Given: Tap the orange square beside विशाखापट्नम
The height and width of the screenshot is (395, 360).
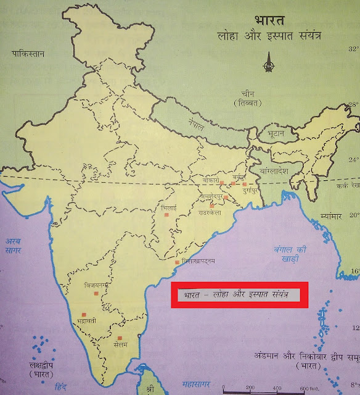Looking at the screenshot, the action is coord(177,263).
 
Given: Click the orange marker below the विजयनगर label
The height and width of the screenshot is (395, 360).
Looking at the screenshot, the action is coord(94,294).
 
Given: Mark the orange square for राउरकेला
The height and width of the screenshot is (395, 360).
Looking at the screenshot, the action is coord(212,206).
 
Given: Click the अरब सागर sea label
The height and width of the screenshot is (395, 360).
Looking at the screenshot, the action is coord(13,244).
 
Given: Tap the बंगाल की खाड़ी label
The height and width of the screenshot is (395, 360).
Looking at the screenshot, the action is coord(278,254).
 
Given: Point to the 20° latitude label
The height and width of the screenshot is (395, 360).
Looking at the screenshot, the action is coord(354,215).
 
